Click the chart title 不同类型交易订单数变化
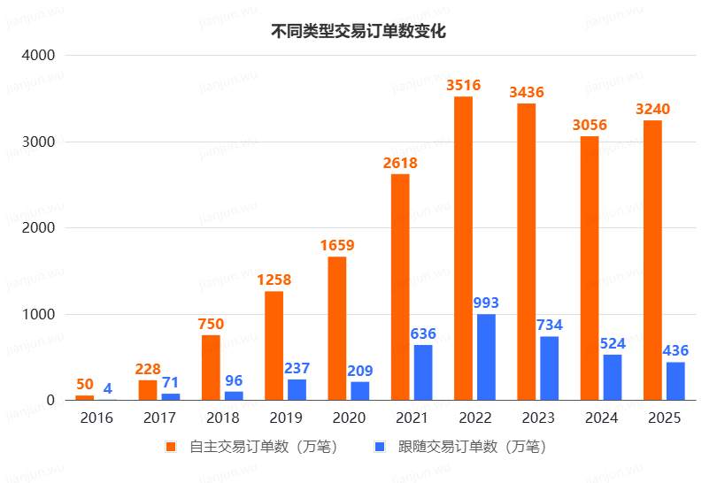[x=358, y=32]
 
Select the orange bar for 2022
[x=463, y=248]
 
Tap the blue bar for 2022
[x=486, y=356]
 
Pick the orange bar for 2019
[x=274, y=345]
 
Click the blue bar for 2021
[x=423, y=372]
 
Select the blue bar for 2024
[x=613, y=377]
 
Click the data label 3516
[x=463, y=85]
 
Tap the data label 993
[x=486, y=303]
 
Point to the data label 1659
[x=336, y=245]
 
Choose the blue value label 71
[x=171, y=382]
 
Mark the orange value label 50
[x=84, y=384]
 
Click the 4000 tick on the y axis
[x=38, y=55]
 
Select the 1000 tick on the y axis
[x=38, y=314]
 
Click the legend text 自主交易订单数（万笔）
[x=264, y=447]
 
